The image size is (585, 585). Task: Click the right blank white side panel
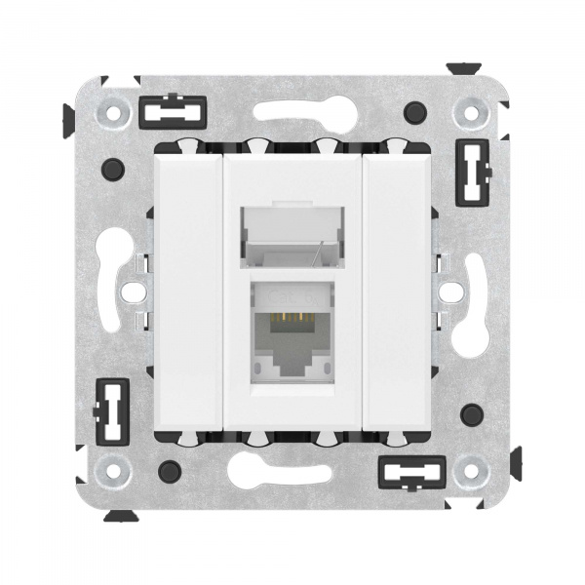[396, 291]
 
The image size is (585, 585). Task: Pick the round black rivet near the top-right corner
[417, 110]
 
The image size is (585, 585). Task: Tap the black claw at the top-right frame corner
[462, 71]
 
